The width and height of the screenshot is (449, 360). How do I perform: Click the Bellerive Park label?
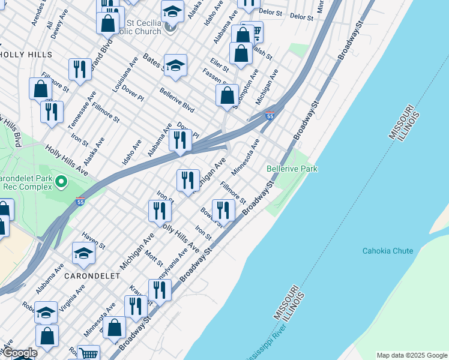pyautogui.click(x=292, y=169)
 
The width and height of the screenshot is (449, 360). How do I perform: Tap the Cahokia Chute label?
pyautogui.click(x=387, y=251)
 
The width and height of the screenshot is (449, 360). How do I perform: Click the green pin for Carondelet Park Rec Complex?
pyautogui.click(x=60, y=181)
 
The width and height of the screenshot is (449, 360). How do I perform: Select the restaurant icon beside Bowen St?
pyautogui.click(x=222, y=209)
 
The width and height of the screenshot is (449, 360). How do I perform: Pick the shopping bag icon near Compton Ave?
pyautogui.click(x=227, y=95)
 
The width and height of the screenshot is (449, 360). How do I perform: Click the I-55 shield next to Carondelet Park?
pyautogui.click(x=80, y=203)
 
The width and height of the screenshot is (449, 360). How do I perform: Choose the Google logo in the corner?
pyautogui.click(x=19, y=353)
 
